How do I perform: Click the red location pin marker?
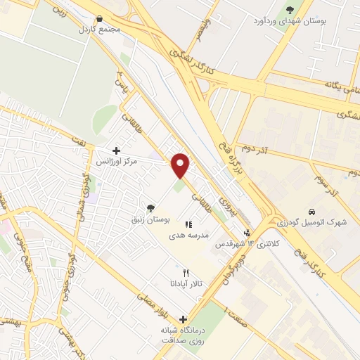[181, 165]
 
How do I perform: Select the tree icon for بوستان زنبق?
[150, 207]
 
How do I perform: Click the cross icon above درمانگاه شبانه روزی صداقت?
[184, 319]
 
